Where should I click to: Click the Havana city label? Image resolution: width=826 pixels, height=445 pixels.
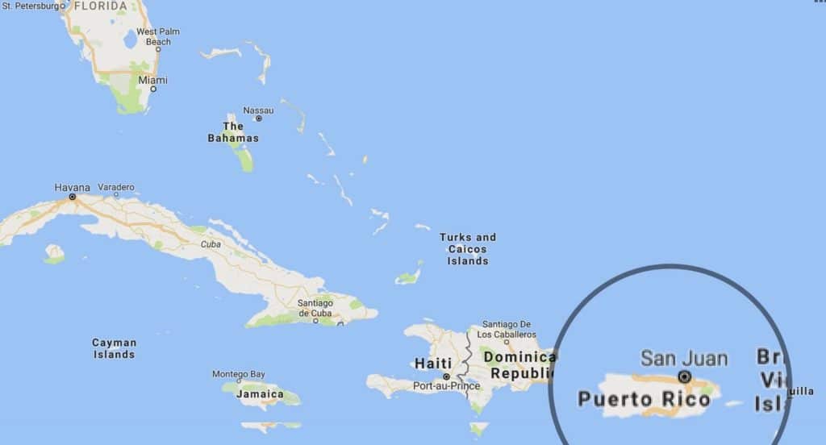(72, 187)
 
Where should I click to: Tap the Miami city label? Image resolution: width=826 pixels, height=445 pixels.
(152, 80)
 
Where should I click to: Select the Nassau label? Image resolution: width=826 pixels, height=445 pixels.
(258, 110)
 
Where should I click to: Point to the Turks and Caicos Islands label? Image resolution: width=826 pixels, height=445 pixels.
(468, 249)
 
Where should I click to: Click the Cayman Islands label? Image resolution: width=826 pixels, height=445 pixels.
(114, 348)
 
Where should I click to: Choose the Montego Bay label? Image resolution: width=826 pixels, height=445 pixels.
(238, 374)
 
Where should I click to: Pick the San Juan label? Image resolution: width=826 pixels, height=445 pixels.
(684, 358)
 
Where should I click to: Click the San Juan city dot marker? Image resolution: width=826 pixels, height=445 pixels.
(685, 376)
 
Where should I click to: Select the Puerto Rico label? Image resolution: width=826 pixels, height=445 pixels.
(644, 398)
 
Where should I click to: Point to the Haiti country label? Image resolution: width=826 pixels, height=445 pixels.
(432, 364)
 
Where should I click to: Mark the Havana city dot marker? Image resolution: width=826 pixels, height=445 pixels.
(72, 196)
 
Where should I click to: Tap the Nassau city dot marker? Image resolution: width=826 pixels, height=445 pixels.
(258, 119)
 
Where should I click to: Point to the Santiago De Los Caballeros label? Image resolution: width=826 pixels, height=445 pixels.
(506, 329)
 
